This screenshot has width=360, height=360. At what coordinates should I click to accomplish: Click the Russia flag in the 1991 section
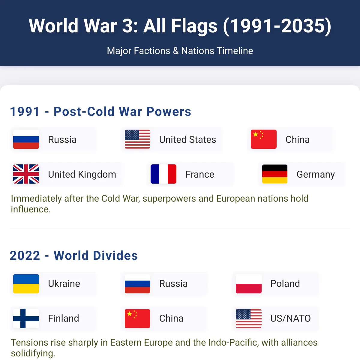26,139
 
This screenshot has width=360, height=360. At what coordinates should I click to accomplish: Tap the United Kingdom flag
26,174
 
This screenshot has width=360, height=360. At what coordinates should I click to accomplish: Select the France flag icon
163,174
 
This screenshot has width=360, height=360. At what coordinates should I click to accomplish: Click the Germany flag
274,174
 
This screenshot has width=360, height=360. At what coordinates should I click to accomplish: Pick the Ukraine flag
26,283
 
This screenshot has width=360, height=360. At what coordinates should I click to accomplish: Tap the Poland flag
248,283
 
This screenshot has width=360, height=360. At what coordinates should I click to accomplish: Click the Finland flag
26,319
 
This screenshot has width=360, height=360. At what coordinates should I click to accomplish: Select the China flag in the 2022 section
137,319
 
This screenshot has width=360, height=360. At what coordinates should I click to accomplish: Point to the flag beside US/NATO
248,319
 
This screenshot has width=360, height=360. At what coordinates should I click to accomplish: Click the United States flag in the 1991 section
137,139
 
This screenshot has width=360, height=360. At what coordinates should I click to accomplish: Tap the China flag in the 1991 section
264,139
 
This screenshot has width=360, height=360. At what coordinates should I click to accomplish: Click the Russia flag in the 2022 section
137,283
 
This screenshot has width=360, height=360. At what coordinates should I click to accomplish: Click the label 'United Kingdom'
82,174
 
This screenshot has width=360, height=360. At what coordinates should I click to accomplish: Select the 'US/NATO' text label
290,318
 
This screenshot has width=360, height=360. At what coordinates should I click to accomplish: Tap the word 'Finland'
64,318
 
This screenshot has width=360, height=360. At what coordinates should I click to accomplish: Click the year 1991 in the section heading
25,112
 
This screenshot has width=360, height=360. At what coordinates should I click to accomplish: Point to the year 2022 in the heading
25,255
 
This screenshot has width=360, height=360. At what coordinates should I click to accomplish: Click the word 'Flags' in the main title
194,26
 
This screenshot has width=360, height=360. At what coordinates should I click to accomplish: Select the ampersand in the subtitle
175,51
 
